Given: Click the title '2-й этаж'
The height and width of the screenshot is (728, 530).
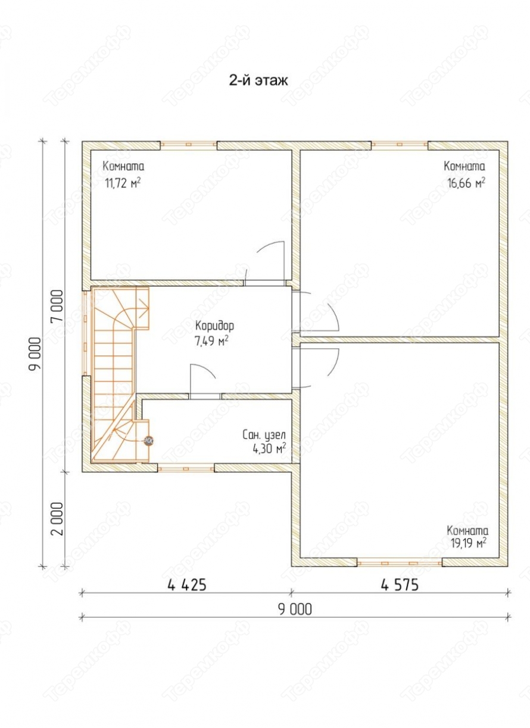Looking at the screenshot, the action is (x=258, y=80).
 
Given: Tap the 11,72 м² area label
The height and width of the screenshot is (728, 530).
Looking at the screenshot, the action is (x=123, y=183).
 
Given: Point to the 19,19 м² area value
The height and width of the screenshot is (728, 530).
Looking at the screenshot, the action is (x=468, y=542).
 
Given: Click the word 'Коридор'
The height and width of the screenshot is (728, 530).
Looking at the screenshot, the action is (x=214, y=326).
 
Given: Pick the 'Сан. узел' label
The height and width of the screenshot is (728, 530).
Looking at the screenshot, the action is (x=264, y=435).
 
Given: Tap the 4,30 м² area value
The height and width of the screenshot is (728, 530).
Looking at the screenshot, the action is (x=269, y=449).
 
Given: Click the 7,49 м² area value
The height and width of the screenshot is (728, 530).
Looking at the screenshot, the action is (x=211, y=342).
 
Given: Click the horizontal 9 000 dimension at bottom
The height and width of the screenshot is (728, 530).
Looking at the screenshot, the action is (x=295, y=610).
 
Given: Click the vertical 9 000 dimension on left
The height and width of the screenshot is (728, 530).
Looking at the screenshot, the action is (x=35, y=354).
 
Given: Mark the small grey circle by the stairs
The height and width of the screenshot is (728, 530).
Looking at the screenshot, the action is (x=149, y=440).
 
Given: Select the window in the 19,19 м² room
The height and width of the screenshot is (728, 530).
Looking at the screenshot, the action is (x=400, y=563).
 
